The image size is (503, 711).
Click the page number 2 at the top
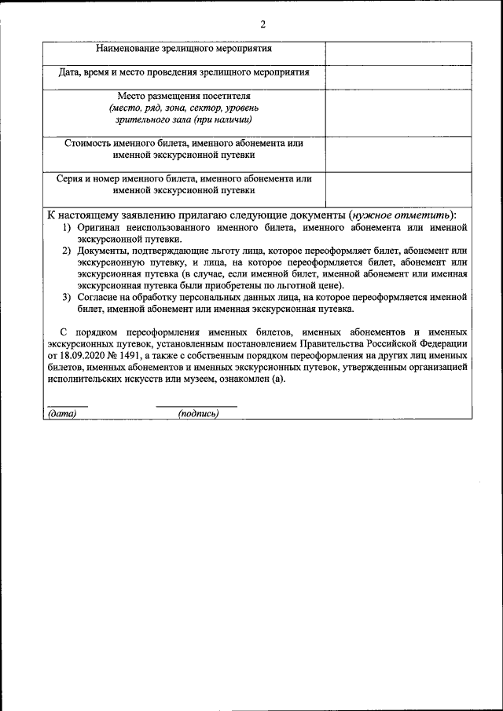tap(263, 24)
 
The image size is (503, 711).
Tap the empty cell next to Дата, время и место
tap(398, 77)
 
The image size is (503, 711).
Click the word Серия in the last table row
tap(71, 178)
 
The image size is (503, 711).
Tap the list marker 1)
tap(68, 227)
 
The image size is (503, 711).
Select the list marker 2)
tap(68, 250)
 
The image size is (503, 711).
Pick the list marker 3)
tap(68, 297)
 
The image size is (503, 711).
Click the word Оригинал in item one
tap(99, 227)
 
